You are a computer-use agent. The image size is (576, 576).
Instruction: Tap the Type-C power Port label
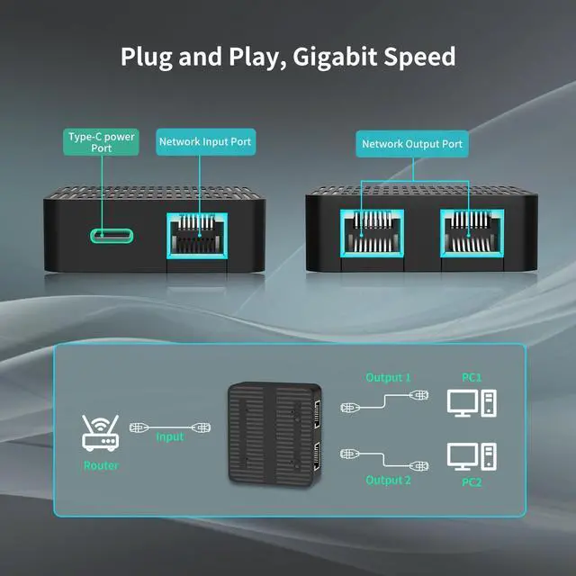pyautogui.click(x=101, y=142)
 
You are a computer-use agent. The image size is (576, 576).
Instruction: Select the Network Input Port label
pyautogui.click(x=206, y=142)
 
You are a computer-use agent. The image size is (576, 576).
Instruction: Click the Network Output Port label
pyautogui.click(x=412, y=144)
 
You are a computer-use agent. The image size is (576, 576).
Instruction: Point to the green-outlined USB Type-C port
pyautogui.click(x=112, y=236)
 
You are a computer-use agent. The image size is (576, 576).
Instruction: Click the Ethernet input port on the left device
pyautogui.click(x=197, y=236)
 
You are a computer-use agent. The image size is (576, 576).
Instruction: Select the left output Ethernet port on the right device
pyautogui.click(x=372, y=233)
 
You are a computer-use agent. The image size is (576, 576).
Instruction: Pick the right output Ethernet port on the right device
pyautogui.click(x=472, y=233)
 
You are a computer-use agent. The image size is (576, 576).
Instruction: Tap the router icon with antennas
pyautogui.click(x=100, y=433)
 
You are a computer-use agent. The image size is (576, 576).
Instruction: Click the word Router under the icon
pyautogui.click(x=102, y=465)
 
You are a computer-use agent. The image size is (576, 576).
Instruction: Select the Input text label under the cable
pyautogui.click(x=170, y=436)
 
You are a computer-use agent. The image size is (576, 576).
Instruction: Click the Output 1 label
pyautogui.click(x=388, y=378)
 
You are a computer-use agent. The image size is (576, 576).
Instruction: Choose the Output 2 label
pyautogui.click(x=388, y=480)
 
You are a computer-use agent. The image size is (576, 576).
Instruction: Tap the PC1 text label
pyautogui.click(x=472, y=377)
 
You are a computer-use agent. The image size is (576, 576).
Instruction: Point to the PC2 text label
pyautogui.click(x=472, y=482)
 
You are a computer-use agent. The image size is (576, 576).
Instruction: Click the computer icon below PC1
pyautogui.click(x=472, y=403)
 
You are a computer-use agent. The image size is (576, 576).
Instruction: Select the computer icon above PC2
pyautogui.click(x=472, y=456)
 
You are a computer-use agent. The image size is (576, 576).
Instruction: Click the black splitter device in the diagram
pyautogui.click(x=275, y=435)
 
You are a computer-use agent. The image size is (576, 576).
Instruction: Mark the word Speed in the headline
pyautogui.click(x=419, y=58)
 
